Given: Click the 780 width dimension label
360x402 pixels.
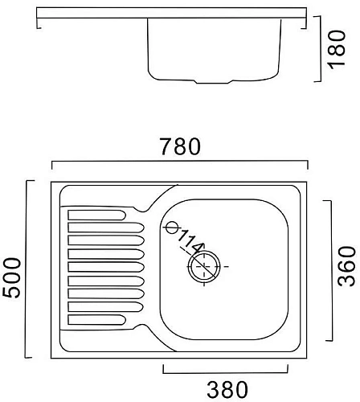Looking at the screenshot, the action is click(180, 146).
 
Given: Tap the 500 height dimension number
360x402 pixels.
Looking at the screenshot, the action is click(11, 277).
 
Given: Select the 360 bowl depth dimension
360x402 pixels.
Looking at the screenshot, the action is click(346, 266).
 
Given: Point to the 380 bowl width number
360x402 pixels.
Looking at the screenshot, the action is click(227, 390).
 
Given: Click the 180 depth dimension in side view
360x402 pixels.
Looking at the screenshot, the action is click(337, 50).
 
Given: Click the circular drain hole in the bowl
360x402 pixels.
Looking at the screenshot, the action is click(204, 267).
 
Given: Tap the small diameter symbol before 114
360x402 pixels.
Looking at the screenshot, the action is click(172, 228).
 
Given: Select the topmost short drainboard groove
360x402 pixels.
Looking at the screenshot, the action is click(96, 215).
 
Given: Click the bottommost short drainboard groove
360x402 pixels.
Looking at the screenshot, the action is click(96, 320).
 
